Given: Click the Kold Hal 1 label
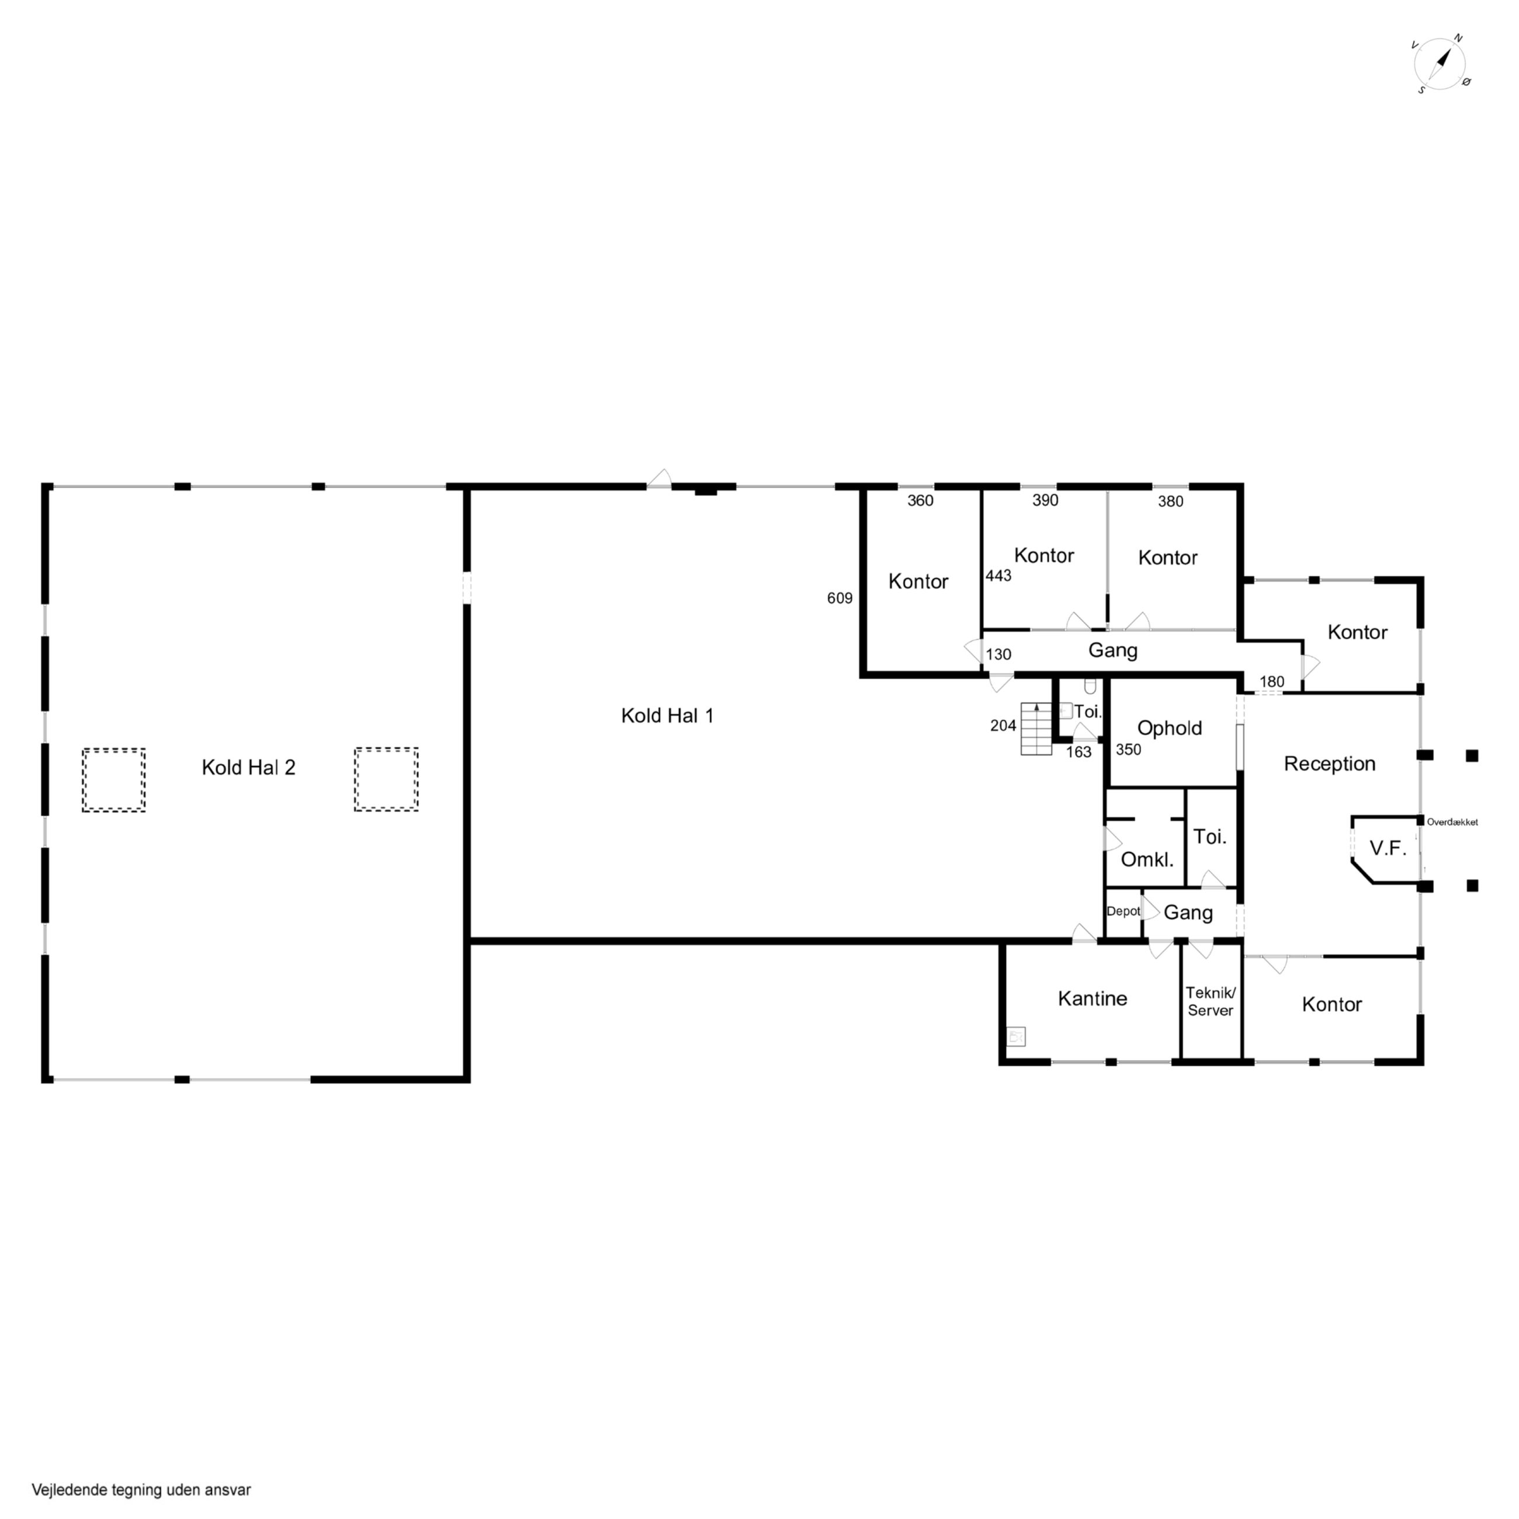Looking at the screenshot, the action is tap(667, 716).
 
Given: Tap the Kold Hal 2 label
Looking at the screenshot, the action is tap(248, 767).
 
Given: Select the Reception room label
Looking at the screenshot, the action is tap(1330, 764).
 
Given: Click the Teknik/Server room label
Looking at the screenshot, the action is tap(1210, 1001).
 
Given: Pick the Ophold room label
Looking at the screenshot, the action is tap(1169, 728).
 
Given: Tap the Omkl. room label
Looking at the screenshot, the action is tap(1146, 859).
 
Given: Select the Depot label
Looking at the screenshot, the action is tap(1123, 911).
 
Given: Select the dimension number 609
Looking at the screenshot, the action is tap(840, 598).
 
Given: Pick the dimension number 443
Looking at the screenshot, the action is tap(998, 575).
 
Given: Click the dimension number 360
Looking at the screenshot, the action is tap(920, 501).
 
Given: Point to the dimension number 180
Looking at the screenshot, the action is tap(1271, 682).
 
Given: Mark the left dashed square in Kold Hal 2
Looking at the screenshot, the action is tap(114, 780).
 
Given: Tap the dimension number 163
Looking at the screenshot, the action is tap(1078, 752).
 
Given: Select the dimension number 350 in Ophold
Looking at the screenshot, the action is tap(1128, 750).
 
